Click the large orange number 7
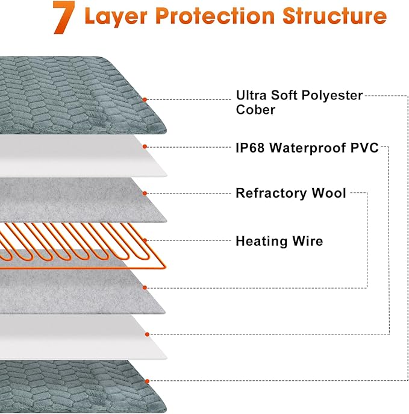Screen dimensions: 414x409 tap(64, 17)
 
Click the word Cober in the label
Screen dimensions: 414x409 tap(255, 110)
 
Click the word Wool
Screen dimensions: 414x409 tap(329, 193)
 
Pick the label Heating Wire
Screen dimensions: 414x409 tap(279, 242)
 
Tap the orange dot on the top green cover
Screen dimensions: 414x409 tap(145, 99)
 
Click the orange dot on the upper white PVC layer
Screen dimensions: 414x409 tap(145, 146)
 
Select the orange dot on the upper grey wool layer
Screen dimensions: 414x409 tap(145, 193)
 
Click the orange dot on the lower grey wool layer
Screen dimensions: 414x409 tap(145, 287)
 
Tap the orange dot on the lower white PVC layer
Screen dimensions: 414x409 tap(145, 334)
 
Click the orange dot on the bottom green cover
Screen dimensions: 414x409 tap(145, 381)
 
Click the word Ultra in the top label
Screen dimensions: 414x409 tap(251, 95)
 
